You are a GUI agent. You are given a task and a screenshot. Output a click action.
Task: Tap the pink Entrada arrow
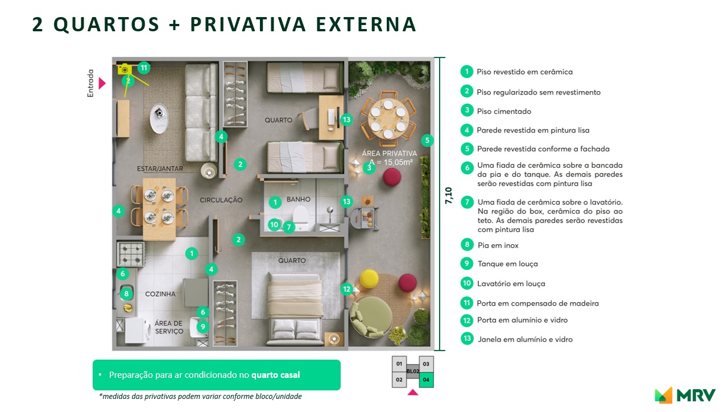102,83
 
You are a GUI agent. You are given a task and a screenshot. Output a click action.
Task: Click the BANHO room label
299,199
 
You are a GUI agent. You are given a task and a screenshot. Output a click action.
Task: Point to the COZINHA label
160,294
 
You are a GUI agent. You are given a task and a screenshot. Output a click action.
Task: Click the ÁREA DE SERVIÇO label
169,327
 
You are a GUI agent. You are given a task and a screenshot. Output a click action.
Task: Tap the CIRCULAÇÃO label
221,200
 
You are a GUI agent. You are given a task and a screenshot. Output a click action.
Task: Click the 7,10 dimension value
448,196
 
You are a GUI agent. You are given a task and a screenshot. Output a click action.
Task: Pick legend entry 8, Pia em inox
498,245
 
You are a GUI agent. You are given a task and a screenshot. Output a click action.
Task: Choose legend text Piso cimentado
504,111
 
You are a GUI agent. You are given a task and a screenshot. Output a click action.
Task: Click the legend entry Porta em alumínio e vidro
522,320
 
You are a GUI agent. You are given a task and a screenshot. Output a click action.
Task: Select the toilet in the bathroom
300,217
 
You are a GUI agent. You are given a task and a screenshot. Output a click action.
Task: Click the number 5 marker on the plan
428,140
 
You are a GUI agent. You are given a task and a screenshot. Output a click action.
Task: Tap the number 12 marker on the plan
347,289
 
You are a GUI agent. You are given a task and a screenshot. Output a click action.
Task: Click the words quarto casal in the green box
275,375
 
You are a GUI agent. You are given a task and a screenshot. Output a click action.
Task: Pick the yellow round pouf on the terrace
369,278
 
